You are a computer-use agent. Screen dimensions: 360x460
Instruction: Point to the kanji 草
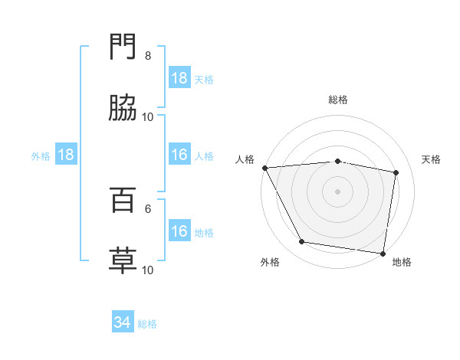(123, 260)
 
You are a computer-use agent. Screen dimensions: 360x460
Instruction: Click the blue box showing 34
(123, 322)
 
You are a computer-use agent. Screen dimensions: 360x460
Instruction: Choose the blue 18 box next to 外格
(66, 155)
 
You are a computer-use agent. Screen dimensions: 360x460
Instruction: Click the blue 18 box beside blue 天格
(179, 78)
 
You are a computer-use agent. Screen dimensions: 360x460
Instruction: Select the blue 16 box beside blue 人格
(179, 155)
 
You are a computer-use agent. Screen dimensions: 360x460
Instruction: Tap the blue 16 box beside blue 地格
(179, 231)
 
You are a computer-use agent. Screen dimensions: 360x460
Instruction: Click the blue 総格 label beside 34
(147, 324)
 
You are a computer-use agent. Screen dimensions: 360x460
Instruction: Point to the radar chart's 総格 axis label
(338, 100)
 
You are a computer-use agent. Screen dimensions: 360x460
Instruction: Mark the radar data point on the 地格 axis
(383, 253)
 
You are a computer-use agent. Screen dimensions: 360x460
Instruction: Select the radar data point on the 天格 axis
(396, 172)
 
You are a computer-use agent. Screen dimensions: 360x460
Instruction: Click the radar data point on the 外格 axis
(302, 242)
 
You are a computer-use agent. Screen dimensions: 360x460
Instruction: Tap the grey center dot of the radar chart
(338, 191)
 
